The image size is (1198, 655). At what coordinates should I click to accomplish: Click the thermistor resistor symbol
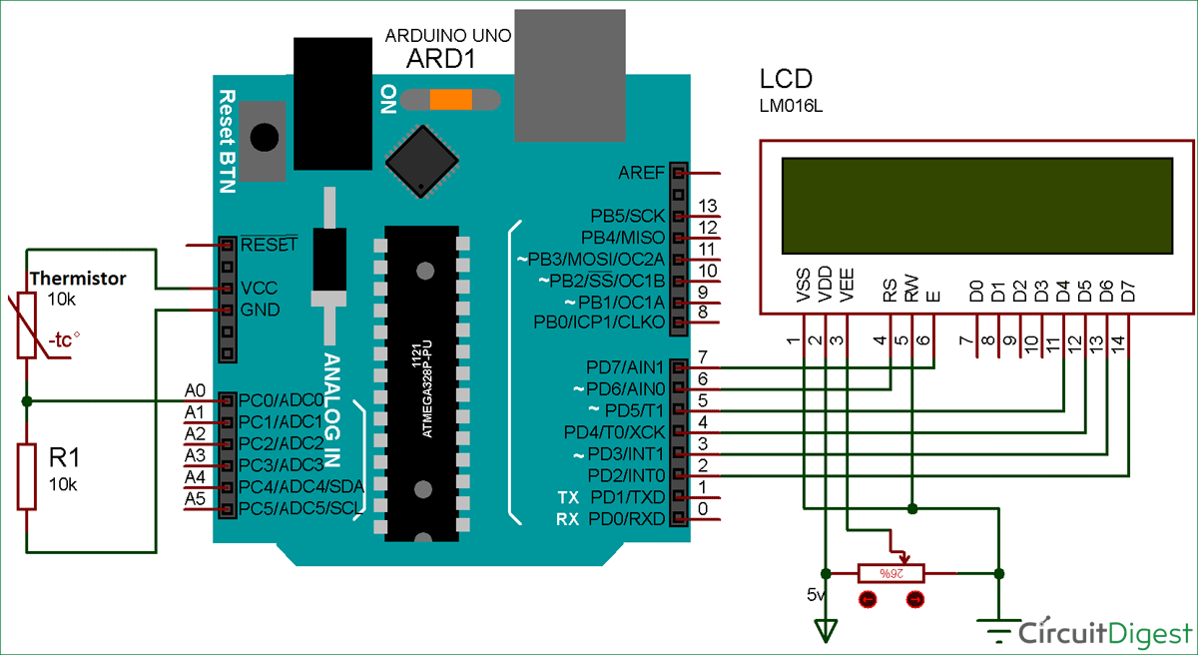28,326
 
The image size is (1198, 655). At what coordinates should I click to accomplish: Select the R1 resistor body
28,476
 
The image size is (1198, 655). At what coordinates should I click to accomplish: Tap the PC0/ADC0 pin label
279,399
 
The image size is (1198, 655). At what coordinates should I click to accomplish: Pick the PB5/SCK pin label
627,217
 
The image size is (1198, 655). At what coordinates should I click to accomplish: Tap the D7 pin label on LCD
1128,291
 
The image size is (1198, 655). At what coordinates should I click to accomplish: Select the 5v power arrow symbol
826,629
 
